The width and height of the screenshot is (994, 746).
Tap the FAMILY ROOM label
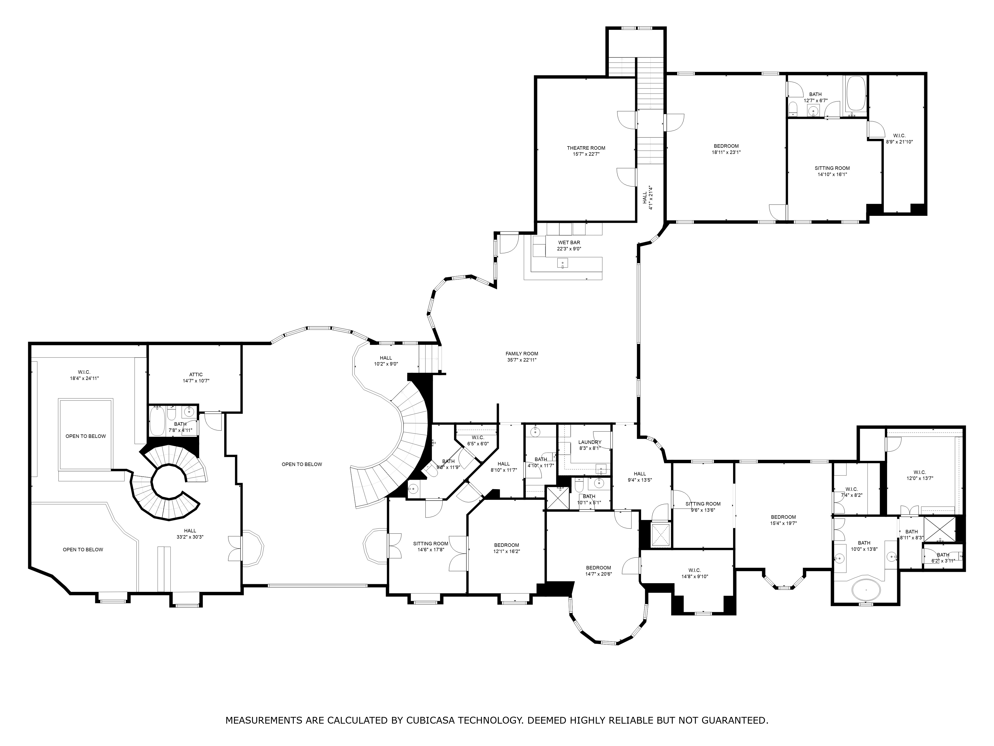click(x=521, y=353)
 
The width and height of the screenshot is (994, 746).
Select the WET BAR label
click(x=569, y=243)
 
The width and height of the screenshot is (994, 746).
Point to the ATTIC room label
click(x=196, y=374)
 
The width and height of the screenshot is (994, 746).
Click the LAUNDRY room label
click(x=590, y=442)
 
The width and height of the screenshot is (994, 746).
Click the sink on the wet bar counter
click(x=562, y=263)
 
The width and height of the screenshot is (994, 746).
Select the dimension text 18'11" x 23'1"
click(x=726, y=152)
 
